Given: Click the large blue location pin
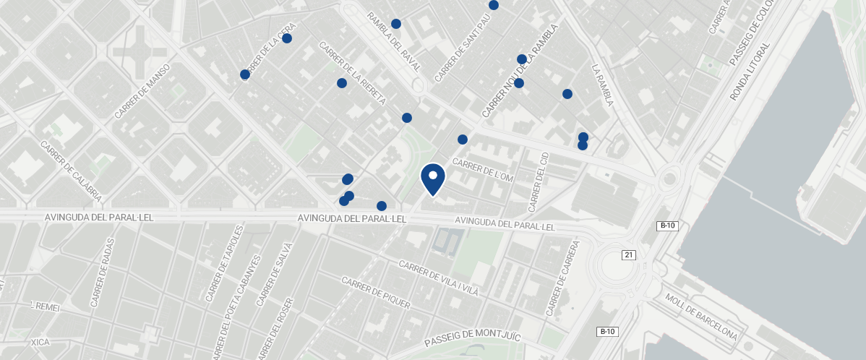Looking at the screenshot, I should [432, 179].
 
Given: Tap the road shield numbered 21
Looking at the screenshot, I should [629, 255].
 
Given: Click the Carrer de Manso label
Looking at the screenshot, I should [142, 92].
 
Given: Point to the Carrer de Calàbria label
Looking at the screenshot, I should [72, 171].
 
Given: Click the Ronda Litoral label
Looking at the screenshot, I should [751, 71].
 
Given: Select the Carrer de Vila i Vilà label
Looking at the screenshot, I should [439, 278].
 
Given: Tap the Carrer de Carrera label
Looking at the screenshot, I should [563, 278].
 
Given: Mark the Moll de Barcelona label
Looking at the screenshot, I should [702, 315].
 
